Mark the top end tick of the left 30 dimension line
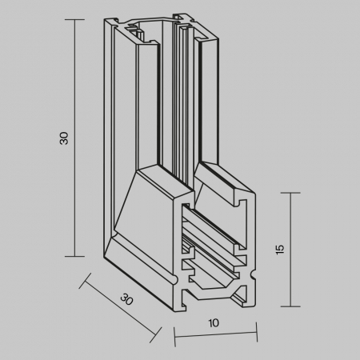74,21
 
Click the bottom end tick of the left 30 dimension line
74,256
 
